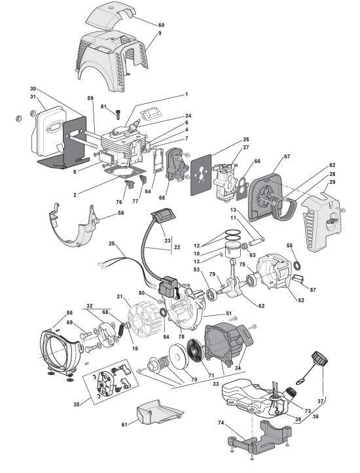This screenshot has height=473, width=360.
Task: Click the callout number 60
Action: [x=162, y=25]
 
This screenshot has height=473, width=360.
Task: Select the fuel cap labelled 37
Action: [x=319, y=359]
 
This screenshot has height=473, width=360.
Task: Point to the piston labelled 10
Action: [x=234, y=250]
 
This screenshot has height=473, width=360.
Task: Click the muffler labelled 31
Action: [x=49, y=131]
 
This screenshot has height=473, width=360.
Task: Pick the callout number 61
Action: [x=124, y=425]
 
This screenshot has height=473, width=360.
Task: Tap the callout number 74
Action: [x=221, y=423]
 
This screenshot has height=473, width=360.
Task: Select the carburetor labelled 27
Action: [x=225, y=182]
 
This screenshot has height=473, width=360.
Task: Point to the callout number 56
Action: [x=69, y=313]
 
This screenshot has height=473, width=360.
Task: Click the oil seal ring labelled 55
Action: [x=298, y=265]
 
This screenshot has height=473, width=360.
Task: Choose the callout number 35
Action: [x=77, y=404]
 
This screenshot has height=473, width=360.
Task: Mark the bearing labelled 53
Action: [x=212, y=294]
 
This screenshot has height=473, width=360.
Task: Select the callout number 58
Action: [x=120, y=213]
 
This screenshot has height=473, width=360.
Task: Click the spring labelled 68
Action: [x=119, y=329]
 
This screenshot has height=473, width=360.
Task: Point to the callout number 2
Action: [x=75, y=195]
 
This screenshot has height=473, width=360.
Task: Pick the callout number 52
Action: [x=301, y=300]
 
